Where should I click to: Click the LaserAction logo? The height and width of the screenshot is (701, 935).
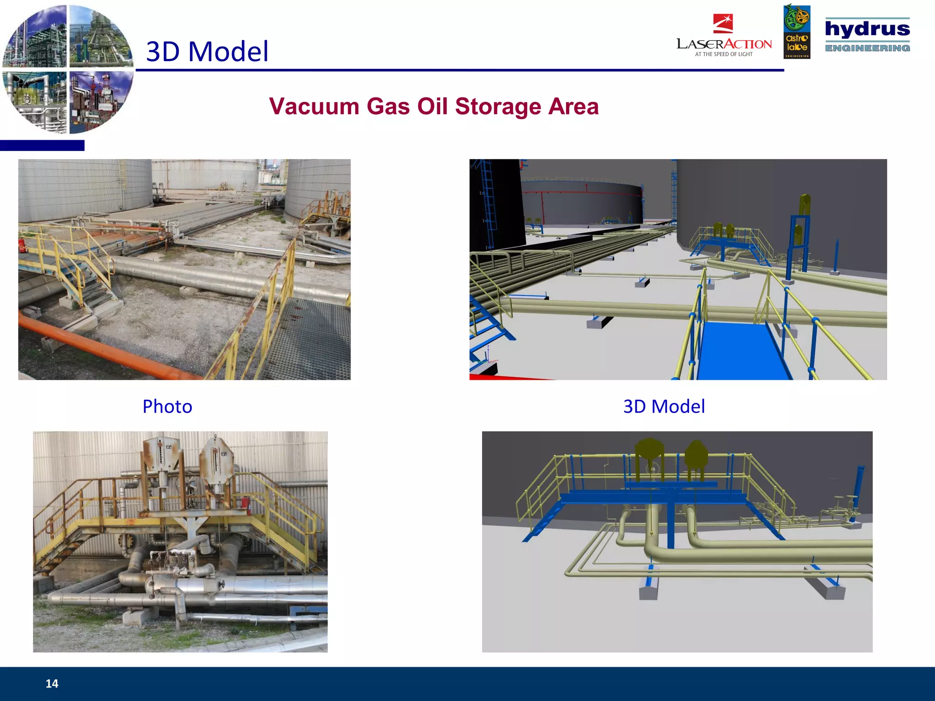(x=724, y=37)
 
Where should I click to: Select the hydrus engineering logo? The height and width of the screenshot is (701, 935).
(x=867, y=35)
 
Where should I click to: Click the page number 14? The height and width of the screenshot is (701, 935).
(x=52, y=683)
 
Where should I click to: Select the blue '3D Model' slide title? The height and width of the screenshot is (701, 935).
(x=207, y=51)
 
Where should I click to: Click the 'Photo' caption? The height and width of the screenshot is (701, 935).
(x=167, y=406)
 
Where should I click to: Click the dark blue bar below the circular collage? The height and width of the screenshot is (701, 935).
(x=42, y=146)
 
